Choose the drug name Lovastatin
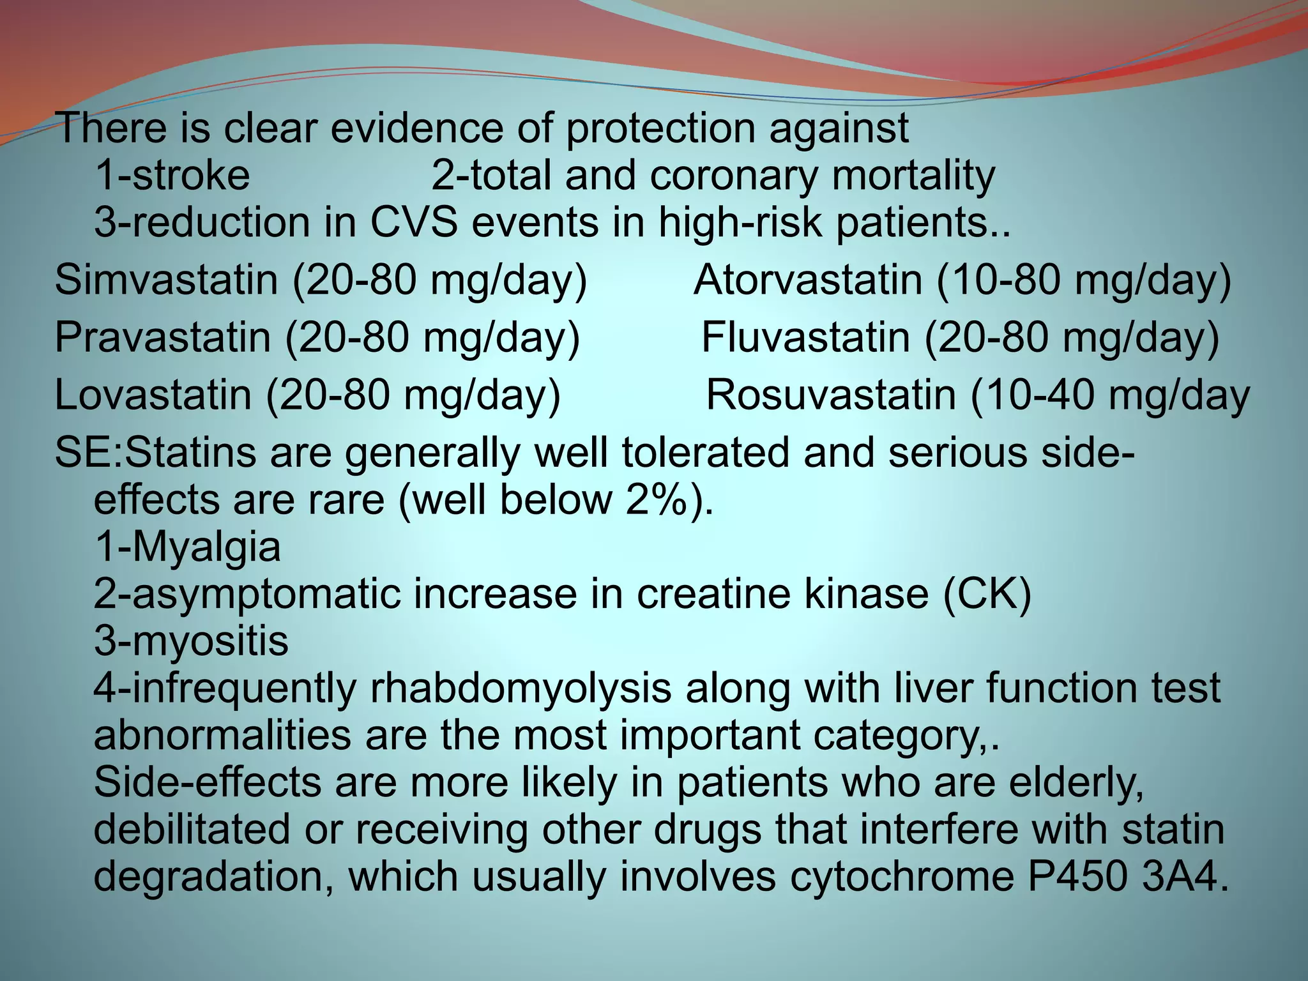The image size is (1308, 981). (x=153, y=394)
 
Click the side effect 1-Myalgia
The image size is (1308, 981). (x=188, y=547)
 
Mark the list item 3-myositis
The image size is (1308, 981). (x=192, y=641)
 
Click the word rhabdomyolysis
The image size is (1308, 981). (x=520, y=688)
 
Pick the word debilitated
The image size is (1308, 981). (x=192, y=829)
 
